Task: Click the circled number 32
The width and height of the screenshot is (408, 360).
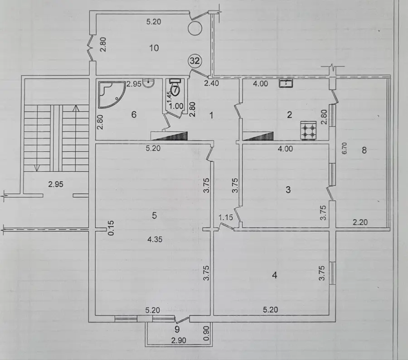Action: tap(195, 61)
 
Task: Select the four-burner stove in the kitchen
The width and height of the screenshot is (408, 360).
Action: tap(309, 130)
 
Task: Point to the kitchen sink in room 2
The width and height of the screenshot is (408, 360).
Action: tap(286, 83)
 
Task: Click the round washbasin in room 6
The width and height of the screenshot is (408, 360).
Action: tap(149, 83)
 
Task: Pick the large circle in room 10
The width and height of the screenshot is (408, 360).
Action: tap(195, 28)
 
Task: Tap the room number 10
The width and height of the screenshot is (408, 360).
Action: tap(154, 48)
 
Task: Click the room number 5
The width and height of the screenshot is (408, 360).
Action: tap(154, 216)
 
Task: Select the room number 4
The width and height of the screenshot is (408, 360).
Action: tap(274, 275)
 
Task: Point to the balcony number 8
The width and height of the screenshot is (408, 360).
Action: tap(364, 150)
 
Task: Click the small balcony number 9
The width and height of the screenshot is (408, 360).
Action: tap(177, 330)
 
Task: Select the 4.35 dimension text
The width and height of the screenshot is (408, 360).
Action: tap(155, 239)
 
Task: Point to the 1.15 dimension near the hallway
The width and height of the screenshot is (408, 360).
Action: tap(226, 217)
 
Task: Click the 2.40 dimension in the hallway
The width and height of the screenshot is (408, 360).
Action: tap(211, 83)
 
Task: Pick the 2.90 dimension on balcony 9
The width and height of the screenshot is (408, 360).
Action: tap(179, 340)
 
